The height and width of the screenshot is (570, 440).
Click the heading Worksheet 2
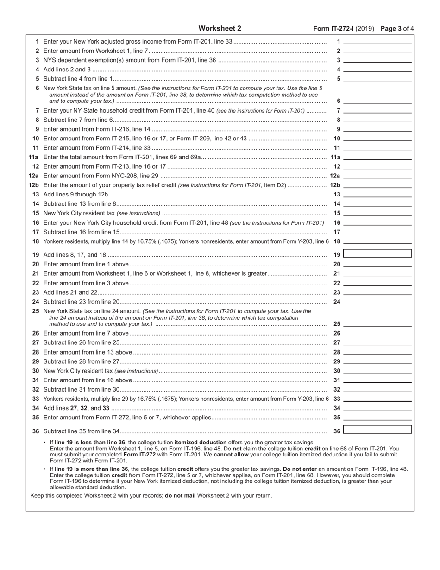(220, 28)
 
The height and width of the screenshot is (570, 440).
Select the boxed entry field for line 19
(377, 253)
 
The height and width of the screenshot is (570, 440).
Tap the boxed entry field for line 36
(377, 430)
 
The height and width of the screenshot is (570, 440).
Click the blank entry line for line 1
(377, 42)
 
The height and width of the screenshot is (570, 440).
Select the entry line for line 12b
(377, 185)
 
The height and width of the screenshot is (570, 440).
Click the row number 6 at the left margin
(38, 88)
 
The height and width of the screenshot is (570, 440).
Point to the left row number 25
(36, 311)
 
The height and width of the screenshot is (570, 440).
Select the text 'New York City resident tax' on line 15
(79, 213)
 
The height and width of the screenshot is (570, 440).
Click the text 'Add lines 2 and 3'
(67, 70)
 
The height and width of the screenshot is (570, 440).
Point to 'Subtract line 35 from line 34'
(82, 431)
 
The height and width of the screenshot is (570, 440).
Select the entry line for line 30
(377, 371)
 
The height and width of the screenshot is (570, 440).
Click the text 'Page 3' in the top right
(390, 28)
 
